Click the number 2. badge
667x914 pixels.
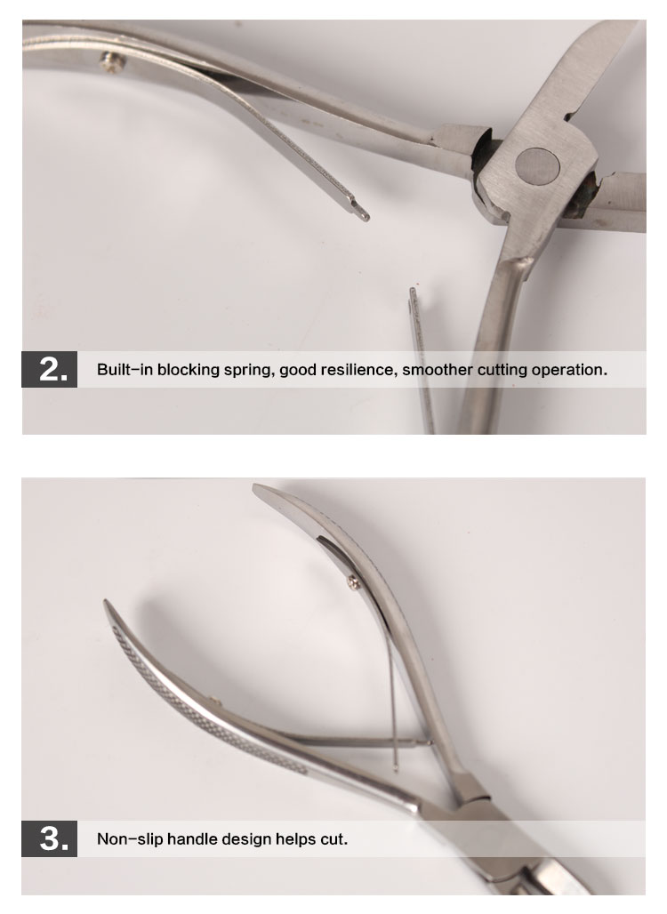click(x=50, y=369)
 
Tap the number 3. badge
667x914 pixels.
click(x=50, y=838)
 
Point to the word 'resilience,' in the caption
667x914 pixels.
click(x=363, y=370)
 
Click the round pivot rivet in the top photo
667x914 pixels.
click(x=539, y=164)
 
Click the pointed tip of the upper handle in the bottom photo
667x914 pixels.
click(x=254, y=487)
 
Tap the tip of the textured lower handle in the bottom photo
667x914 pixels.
click(x=106, y=602)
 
